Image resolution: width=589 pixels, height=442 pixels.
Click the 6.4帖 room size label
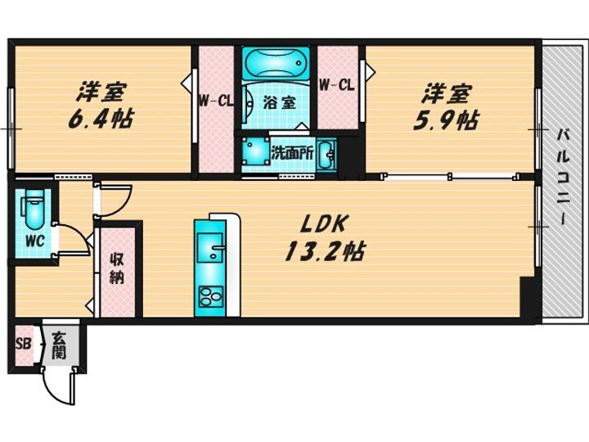pyautogui.click(x=100, y=120)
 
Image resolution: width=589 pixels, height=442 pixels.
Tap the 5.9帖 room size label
pyautogui.click(x=446, y=121)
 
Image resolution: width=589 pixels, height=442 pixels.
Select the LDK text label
pyautogui.click(x=323, y=224)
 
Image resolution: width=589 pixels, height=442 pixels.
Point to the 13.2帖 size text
pyautogui.click(x=324, y=251)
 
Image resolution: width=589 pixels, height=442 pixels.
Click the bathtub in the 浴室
pyautogui.click(x=277, y=64)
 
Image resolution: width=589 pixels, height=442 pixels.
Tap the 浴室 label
pyautogui.click(x=280, y=101)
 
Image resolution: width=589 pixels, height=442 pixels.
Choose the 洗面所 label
pyautogui.click(x=293, y=152)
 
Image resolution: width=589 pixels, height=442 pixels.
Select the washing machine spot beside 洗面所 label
pyautogui.click(x=255, y=151)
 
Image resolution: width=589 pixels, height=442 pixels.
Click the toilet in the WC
pyautogui.click(x=35, y=208)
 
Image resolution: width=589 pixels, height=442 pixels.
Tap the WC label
pyautogui.click(x=35, y=241)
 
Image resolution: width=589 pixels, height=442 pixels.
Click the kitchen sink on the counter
pyautogui.click(x=210, y=247)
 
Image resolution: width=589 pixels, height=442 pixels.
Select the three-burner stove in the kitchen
pyautogui.click(x=211, y=297)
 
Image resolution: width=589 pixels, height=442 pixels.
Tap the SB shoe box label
pyautogui.click(x=23, y=344)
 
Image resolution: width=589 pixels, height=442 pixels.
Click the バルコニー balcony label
pyautogui.click(x=564, y=177)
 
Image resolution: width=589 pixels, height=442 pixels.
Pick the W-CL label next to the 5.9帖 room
pyautogui.click(x=337, y=85)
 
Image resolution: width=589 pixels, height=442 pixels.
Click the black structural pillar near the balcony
pyautogui.click(x=528, y=297)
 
